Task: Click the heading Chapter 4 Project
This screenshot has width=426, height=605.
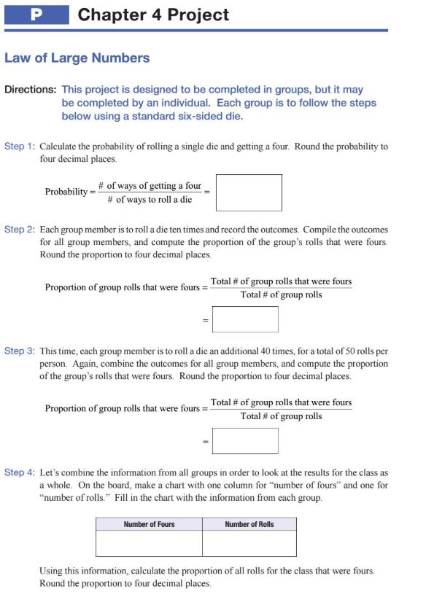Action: pos(153,15)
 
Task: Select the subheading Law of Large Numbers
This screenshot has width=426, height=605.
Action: pos(77,58)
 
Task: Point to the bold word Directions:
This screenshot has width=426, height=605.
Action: pos(31,90)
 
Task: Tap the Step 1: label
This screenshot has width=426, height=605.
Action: pos(20,147)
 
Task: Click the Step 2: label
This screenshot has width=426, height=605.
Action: pos(20,229)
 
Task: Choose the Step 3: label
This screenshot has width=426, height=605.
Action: pos(20,351)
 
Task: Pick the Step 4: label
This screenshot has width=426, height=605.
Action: pos(20,472)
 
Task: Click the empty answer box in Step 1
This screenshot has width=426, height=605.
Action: pos(249,192)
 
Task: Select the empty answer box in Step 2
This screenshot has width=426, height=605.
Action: pos(245,319)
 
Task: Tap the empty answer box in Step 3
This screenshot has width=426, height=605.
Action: pos(245,441)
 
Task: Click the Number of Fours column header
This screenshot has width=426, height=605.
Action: pos(149,524)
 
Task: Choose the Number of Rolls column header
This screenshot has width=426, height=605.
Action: pos(249,524)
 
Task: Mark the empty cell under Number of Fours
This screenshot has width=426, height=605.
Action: pos(149,543)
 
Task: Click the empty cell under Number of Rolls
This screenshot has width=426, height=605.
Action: pos(249,543)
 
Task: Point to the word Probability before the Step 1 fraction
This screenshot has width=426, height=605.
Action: pos(66,192)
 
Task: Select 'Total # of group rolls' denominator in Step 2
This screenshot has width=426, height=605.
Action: pos(281,294)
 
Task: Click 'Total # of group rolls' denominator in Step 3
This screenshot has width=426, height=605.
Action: pos(281,416)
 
